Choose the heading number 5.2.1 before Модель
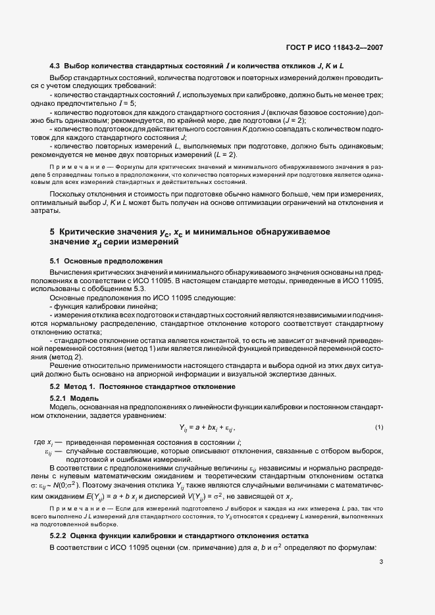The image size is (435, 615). click(x=61, y=399)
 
